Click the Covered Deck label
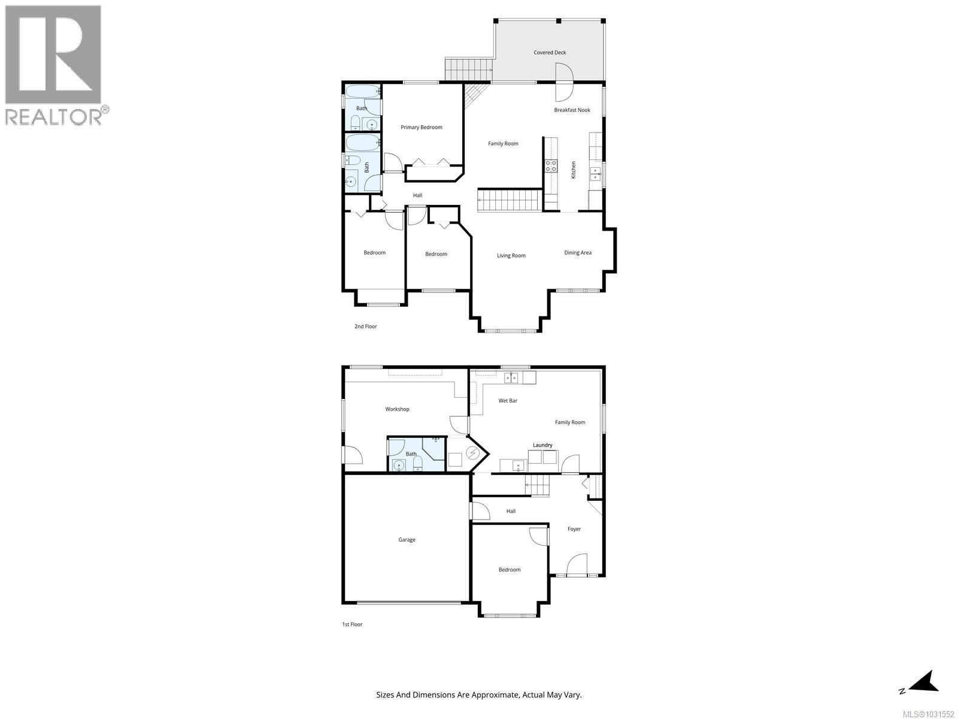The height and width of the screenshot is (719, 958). pyautogui.click(x=550, y=53)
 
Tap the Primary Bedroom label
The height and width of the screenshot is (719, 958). pyautogui.click(x=422, y=127)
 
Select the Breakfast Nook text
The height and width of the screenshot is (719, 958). pyautogui.click(x=572, y=110)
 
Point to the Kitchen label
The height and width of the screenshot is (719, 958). pyautogui.click(x=573, y=170)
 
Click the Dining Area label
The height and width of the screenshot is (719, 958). pyautogui.click(x=577, y=253)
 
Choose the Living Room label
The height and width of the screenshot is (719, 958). pyautogui.click(x=511, y=256)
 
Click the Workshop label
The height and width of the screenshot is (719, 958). pyautogui.click(x=397, y=409)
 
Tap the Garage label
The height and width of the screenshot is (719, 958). pyautogui.click(x=407, y=540)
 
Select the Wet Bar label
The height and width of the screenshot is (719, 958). pyautogui.click(x=508, y=401)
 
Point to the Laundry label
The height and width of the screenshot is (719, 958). pyautogui.click(x=542, y=445)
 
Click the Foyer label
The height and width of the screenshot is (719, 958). pyautogui.click(x=574, y=529)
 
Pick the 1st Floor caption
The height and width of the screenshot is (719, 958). pyautogui.click(x=351, y=624)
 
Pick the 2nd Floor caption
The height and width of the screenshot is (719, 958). pyautogui.click(x=365, y=327)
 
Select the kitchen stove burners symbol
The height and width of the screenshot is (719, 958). pyautogui.click(x=550, y=165)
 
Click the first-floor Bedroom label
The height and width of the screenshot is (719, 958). pyautogui.click(x=509, y=570)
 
